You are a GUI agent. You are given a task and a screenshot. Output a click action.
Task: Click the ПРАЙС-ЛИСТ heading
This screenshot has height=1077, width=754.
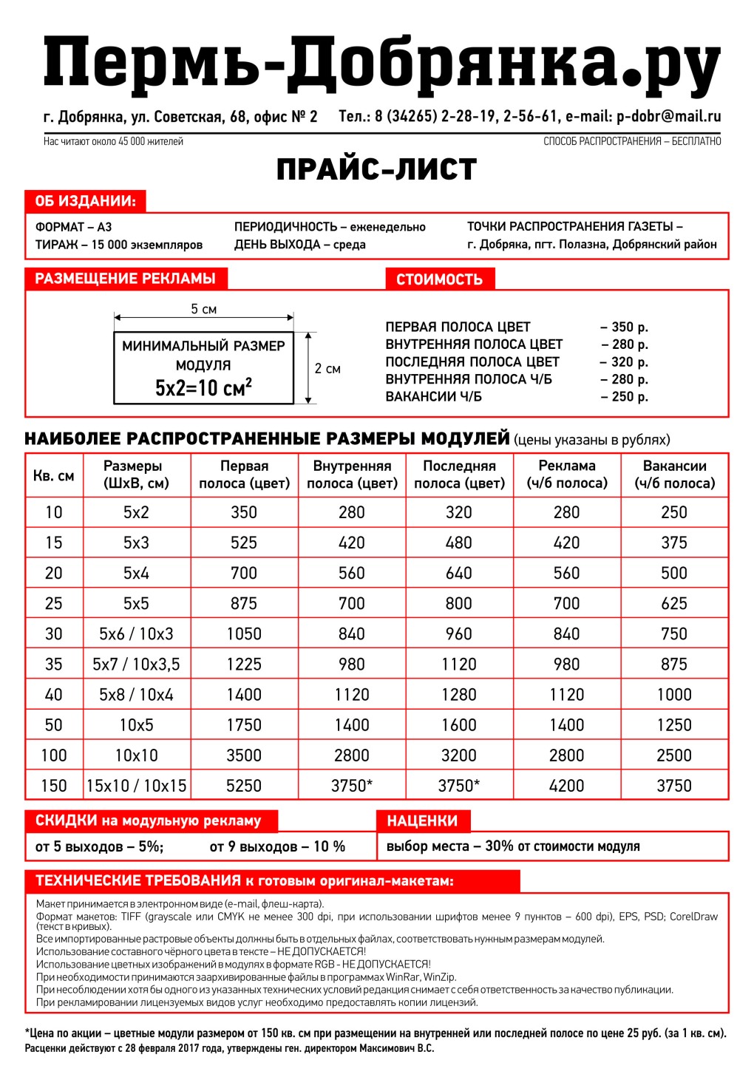[376, 170]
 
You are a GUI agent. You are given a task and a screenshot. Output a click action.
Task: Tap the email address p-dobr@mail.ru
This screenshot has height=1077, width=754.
[668, 116]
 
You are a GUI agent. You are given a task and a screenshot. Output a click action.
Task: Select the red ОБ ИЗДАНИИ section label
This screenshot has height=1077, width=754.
[86, 201]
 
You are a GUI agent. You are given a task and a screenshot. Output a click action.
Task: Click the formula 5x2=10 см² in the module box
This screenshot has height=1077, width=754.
[203, 387]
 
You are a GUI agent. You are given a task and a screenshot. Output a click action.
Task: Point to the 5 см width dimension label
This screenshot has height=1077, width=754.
[203, 309]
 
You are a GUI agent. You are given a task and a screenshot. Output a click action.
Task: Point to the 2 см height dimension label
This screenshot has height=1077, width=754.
[327, 368]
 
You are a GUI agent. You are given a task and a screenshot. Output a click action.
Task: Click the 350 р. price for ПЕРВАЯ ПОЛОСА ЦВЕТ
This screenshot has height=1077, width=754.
[624, 327]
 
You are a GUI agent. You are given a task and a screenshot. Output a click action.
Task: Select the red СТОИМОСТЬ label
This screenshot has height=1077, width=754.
[439, 279]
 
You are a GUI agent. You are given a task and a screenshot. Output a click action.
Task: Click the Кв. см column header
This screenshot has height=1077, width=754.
[54, 475]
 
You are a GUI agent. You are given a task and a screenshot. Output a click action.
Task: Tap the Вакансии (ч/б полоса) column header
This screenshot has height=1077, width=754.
[674, 475]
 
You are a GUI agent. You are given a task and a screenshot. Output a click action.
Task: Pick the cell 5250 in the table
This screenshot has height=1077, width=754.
[244, 786]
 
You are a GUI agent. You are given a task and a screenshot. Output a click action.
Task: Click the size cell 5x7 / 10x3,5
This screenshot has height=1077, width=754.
[136, 664]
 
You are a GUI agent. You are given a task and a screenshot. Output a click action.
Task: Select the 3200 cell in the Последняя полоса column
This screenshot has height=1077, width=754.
[458, 755]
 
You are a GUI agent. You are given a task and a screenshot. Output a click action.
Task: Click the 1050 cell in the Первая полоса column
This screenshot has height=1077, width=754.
[244, 633]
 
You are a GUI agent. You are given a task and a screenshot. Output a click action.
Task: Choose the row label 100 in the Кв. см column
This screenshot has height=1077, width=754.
[54, 755]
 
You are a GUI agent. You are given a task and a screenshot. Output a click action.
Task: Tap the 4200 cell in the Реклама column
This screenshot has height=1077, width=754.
[566, 786]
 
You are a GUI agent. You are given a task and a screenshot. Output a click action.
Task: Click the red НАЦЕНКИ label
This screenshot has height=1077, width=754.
[422, 821]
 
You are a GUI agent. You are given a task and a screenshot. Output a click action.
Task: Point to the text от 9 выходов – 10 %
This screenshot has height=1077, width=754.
[277, 846]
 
